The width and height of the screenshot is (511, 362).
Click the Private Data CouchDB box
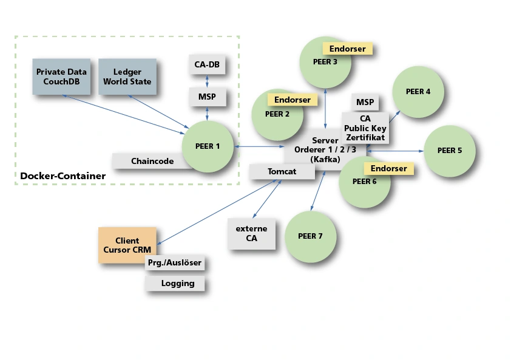pyautogui.click(x=61, y=77)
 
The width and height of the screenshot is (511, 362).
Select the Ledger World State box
pyautogui.click(x=127, y=77)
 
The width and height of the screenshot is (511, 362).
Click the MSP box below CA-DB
pyautogui.click(x=207, y=97)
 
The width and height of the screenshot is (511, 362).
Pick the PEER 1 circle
pyautogui.click(x=208, y=146)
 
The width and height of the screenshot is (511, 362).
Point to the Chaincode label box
pyautogui.click(x=152, y=162)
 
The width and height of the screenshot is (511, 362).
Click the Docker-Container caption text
pyautogui.click(x=63, y=176)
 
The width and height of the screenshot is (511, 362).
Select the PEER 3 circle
pyautogui.click(x=326, y=62)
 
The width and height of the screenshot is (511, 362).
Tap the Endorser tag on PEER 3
pyautogui.click(x=347, y=49)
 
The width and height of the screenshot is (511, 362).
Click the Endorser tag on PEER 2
pyautogui.click(x=292, y=100)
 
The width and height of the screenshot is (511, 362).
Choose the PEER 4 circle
pyautogui.click(x=418, y=92)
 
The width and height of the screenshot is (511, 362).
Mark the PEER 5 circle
pyautogui.click(x=449, y=151)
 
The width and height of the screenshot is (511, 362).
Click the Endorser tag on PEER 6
pyautogui.click(x=388, y=168)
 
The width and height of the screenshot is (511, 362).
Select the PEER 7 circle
pyautogui.click(x=310, y=236)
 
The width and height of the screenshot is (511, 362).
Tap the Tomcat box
pyautogui.click(x=282, y=172)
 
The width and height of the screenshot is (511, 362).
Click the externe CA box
pyautogui.click(x=251, y=234)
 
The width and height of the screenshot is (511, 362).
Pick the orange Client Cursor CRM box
pyautogui.click(x=127, y=245)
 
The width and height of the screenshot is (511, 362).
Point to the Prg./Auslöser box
pyautogui.click(x=174, y=263)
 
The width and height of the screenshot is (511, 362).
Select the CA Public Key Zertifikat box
pyautogui.click(x=365, y=128)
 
